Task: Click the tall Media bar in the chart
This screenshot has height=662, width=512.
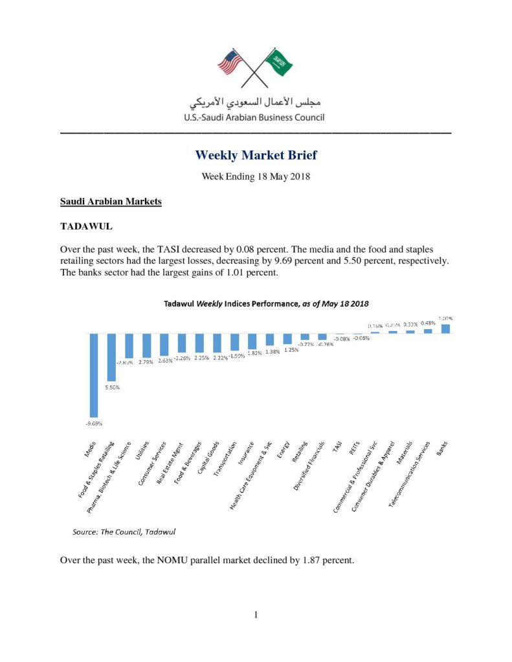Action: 94,374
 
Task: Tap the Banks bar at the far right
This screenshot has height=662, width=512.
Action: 445,328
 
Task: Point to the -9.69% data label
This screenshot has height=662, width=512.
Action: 94,423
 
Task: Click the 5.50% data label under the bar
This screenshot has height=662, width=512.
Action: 112,387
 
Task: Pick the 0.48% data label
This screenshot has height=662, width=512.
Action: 428,323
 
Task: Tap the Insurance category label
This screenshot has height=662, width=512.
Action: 245,453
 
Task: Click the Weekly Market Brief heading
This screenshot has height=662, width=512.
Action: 256,155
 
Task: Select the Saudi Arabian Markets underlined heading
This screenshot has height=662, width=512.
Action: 111,202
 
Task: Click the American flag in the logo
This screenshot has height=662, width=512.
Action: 230,63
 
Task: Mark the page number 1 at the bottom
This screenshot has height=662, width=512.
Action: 256,614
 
